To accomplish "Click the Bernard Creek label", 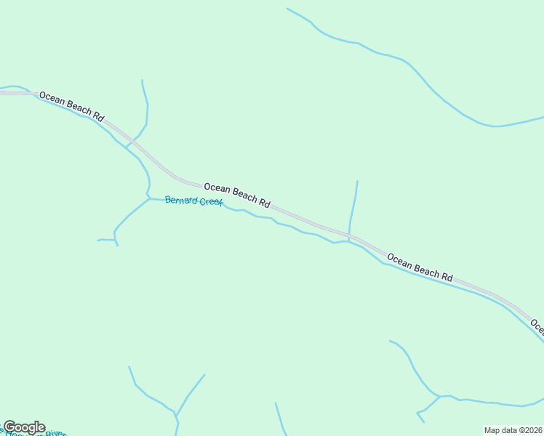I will (193, 201).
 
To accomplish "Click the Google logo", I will (24, 427).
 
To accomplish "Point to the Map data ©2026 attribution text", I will (513, 430).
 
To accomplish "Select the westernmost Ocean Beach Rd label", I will (72, 106).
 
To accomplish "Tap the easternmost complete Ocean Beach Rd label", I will (420, 267).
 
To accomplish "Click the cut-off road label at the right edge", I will (537, 324).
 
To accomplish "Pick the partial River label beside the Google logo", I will (55, 433).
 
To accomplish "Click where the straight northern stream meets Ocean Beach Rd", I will (350, 236).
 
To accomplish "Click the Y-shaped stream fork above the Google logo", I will (176, 415).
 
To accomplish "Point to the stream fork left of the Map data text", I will (439, 397).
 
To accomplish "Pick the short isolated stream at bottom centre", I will (279, 418).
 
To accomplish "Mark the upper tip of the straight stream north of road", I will (357, 181).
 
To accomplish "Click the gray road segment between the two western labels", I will (156, 163).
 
